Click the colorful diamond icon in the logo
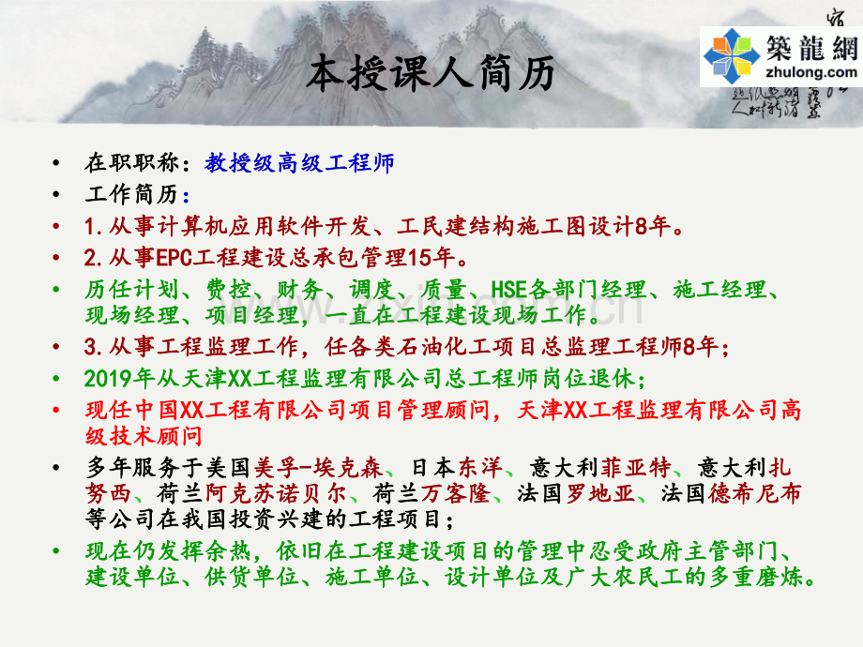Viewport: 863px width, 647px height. coord(733,55)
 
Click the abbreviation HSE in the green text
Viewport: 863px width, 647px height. coord(509,290)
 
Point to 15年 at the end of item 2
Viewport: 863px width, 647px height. coord(444,257)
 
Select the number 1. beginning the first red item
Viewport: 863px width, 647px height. coord(92,226)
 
